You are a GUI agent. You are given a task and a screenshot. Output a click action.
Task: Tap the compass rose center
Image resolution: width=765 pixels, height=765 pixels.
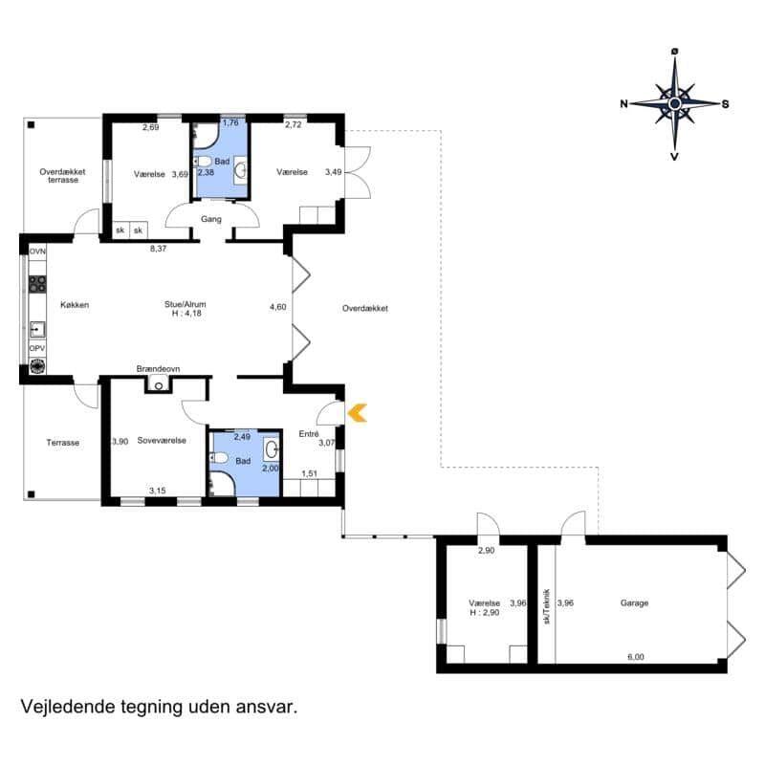pos(675,103)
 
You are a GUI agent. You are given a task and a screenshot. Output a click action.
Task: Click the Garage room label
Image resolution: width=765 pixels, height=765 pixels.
pos(634,603)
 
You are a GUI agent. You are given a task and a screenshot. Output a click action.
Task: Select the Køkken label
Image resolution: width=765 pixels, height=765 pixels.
pos(75,305)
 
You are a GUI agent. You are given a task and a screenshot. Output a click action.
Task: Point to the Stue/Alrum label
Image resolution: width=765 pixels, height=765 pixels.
pos(186,304)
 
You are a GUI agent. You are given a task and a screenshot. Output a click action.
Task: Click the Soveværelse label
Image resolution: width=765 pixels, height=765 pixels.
pos(162,441)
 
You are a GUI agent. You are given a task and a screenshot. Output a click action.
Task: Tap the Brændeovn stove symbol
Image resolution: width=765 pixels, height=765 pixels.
pos(159,385)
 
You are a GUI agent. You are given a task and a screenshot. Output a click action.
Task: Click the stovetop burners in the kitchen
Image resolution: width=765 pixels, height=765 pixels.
pos(37,284)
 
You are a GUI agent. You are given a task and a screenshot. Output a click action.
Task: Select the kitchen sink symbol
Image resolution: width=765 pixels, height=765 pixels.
pos(37,330)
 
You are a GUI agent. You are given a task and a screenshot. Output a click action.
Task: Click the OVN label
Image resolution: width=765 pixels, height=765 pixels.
pos(37,251)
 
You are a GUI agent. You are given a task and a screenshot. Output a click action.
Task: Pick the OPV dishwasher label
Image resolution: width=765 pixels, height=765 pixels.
pos(37,348)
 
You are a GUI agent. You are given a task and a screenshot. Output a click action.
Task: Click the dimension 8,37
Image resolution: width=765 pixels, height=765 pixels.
pos(158,249)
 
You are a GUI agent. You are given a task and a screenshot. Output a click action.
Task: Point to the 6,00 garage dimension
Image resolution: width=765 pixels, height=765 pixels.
pos(636,657)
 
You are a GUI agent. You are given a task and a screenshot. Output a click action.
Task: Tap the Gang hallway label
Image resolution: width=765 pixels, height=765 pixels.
pos(211,220)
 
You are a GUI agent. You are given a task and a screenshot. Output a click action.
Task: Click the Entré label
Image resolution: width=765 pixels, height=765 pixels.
pos(309,434)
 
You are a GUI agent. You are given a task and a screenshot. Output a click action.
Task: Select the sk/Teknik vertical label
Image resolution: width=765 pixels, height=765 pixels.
pos(546,606)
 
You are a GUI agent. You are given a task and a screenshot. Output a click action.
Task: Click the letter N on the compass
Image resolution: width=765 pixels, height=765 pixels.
pos(624,103)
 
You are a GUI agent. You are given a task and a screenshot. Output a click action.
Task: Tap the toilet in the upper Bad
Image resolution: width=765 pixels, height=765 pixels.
pos(203,161)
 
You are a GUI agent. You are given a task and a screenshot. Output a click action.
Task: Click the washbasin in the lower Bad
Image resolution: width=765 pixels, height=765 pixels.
pos(272,449)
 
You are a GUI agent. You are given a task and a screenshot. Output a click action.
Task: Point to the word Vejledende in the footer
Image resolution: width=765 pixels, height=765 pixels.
pos(68,707)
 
